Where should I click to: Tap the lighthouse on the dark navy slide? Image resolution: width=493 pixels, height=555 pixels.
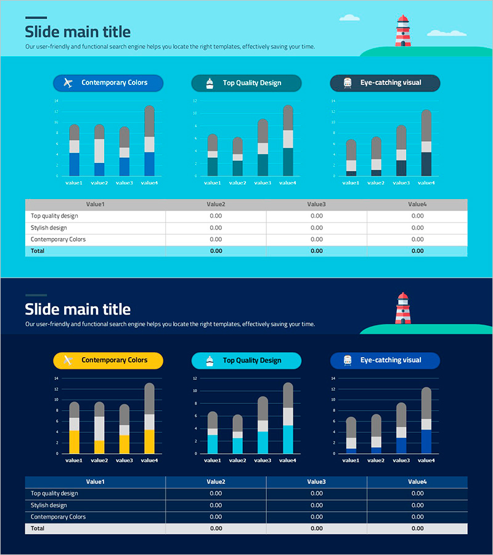402,308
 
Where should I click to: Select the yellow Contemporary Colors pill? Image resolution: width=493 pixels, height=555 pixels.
108,360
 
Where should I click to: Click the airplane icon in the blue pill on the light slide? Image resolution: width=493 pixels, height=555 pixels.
68,83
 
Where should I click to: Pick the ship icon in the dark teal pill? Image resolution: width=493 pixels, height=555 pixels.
210,83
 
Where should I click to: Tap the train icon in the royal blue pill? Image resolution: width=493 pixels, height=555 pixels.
348,360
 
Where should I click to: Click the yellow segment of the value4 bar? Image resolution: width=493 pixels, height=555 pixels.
149,442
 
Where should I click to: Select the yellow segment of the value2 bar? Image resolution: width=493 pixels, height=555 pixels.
99,446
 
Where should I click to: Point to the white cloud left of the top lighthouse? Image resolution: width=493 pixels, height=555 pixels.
349,18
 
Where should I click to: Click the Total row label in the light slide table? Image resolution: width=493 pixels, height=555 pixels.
38,251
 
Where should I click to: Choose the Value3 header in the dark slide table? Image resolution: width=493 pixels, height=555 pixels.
316,482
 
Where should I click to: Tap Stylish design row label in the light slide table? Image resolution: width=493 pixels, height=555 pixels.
49,228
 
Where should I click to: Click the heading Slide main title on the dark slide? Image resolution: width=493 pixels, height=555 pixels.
78,309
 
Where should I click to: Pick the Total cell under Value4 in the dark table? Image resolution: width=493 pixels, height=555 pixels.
417,528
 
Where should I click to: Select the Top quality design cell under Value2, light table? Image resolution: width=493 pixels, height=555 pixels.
216,216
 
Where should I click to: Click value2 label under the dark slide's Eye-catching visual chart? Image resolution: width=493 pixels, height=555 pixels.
376,460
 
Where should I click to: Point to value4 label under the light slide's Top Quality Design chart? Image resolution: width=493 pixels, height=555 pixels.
288,183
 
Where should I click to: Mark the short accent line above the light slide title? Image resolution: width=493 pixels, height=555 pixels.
36,17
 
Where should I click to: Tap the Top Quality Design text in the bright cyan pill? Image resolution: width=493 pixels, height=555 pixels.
251,360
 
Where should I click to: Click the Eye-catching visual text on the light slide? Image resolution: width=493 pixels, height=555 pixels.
391,83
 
